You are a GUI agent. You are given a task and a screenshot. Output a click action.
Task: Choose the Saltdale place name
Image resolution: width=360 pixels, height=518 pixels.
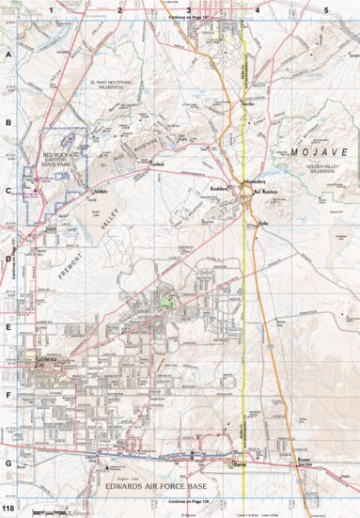coord(100,191)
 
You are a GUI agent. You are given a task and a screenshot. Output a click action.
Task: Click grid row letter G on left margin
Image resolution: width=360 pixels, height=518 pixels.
coord(8,463)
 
